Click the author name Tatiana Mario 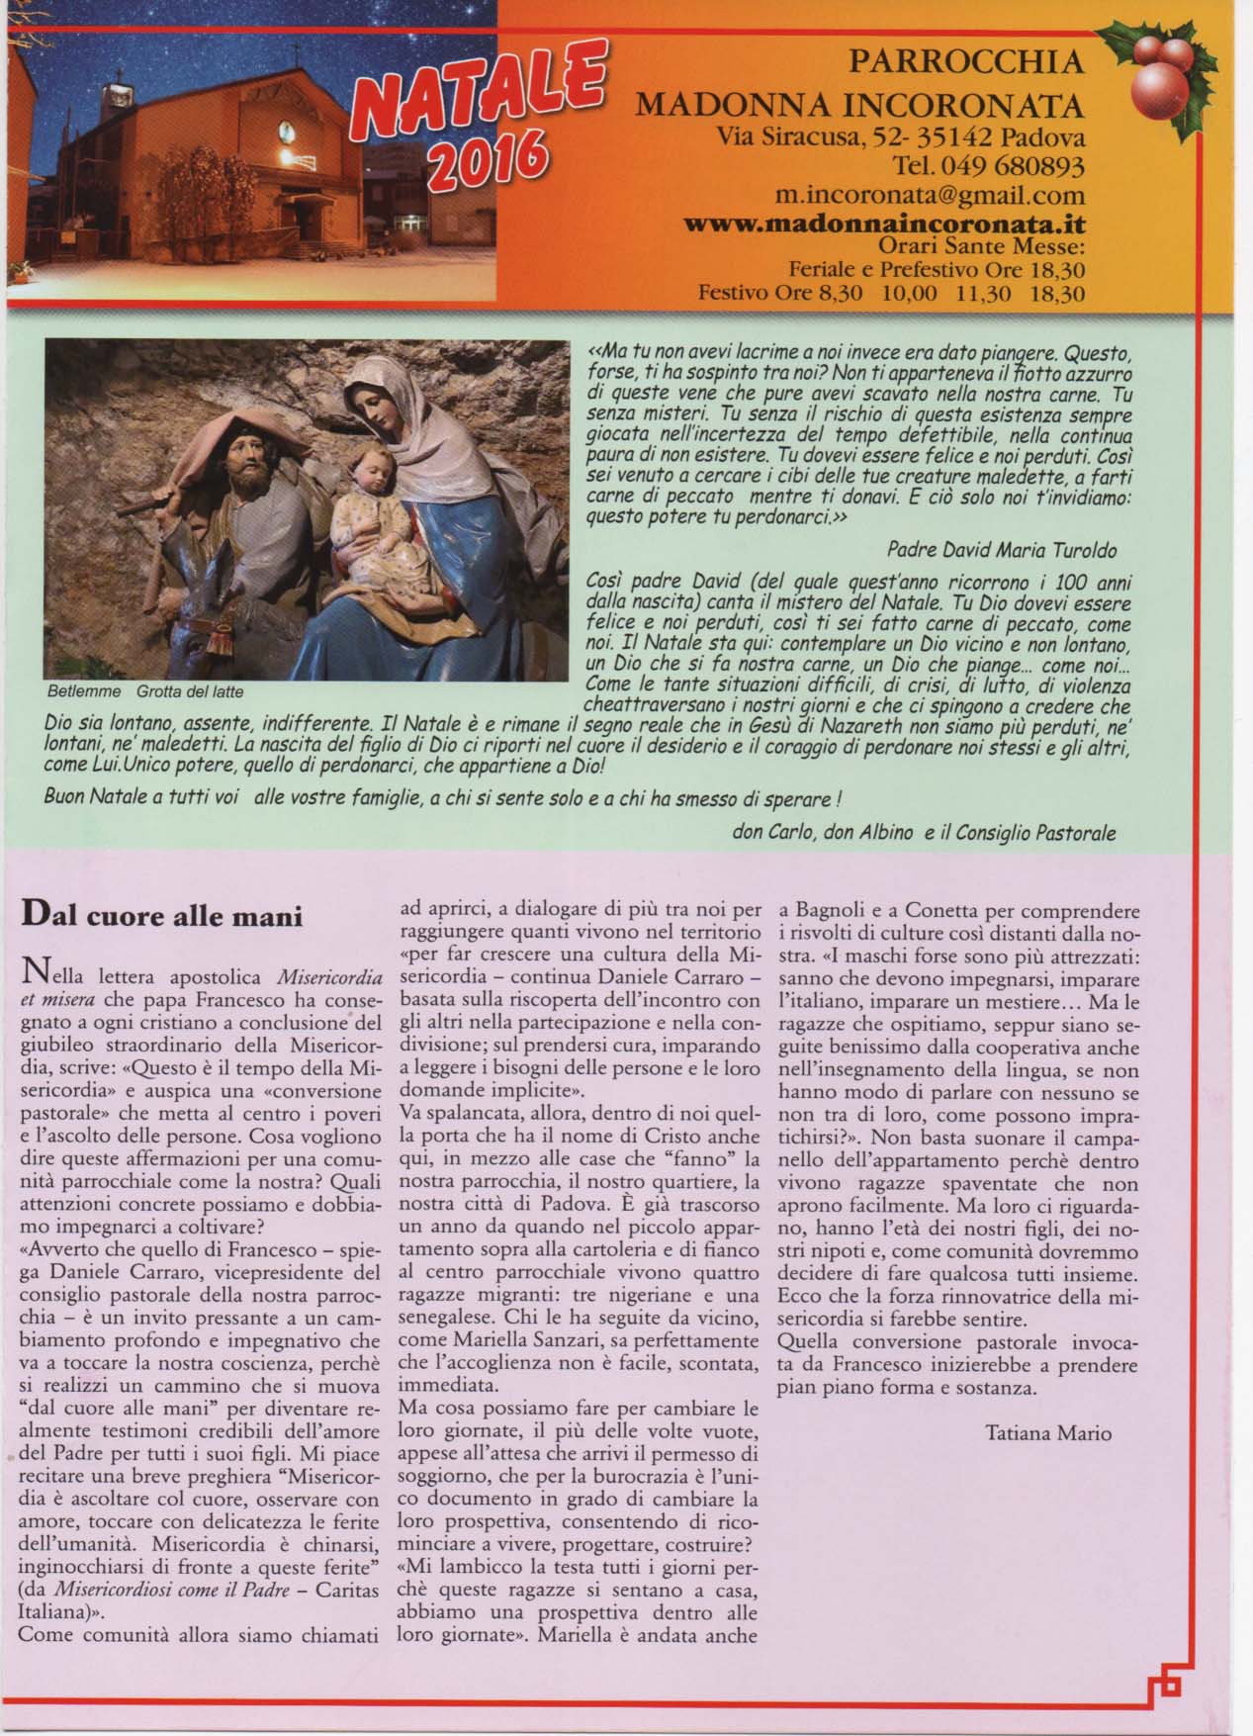pos(1047,1431)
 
